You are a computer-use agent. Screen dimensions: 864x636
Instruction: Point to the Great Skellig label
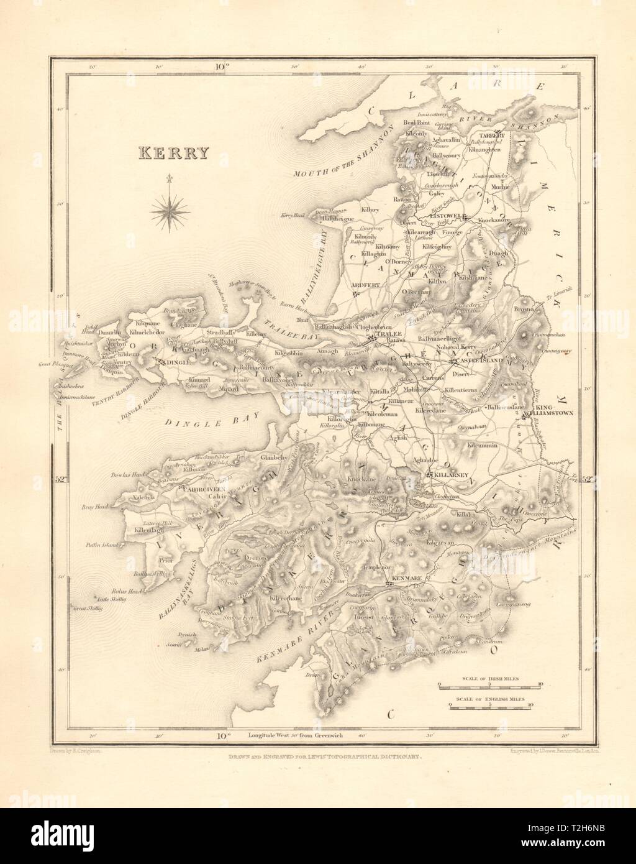pyautogui.click(x=88, y=608)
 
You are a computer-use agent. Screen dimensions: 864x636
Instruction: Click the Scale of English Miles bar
pyautogui.click(x=490, y=707)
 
